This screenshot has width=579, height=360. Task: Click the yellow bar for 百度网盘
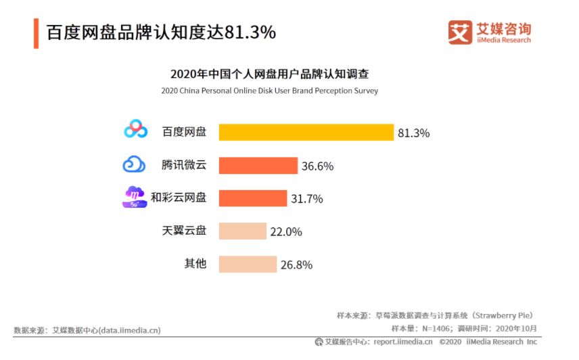tap(306, 132)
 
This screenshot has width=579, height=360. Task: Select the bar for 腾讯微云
tap(258, 165)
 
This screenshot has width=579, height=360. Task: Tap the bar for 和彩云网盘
tap(253, 198)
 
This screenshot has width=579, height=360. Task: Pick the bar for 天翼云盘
tap(243, 231)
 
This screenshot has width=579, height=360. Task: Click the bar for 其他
tap(248, 265)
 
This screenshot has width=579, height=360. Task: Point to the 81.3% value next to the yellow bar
tap(413, 133)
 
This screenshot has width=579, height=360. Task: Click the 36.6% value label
tap(317, 166)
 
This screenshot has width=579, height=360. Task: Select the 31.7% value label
tap(307, 199)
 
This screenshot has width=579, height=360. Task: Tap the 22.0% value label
tap(286, 232)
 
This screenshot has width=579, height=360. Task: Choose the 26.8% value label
tap(296, 265)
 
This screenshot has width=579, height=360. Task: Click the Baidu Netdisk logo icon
tap(135, 129)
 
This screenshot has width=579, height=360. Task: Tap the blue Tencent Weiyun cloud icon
tap(134, 164)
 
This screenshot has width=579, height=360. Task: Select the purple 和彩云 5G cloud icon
tap(135, 197)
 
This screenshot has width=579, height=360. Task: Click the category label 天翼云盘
tap(184, 231)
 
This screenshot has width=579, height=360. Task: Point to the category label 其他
tap(195, 264)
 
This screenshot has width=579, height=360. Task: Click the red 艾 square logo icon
tap(460, 32)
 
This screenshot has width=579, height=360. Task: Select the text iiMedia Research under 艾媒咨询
tap(504, 40)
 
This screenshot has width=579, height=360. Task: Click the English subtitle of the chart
tap(270, 91)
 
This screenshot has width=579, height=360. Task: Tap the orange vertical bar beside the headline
tap(37, 34)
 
